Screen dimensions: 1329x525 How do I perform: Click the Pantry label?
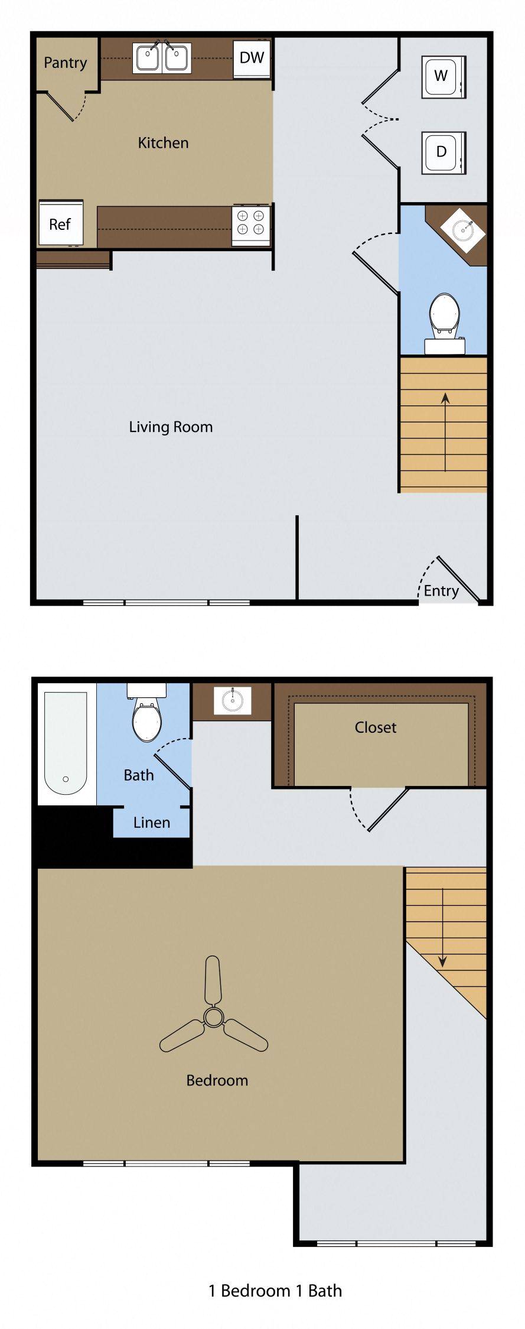pyautogui.click(x=65, y=63)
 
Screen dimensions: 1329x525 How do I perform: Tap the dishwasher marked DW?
pyautogui.click(x=252, y=58)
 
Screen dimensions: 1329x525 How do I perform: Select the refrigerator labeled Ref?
pyautogui.click(x=60, y=223)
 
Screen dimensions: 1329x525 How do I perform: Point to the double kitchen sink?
pyautogui.click(x=162, y=58)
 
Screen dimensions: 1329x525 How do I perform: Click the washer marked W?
pyautogui.click(x=444, y=77)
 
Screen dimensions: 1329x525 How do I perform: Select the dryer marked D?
pyautogui.click(x=444, y=152)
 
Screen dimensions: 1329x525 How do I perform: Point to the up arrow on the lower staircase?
pyautogui.click(x=445, y=431)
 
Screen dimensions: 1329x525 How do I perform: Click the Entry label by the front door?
pyautogui.click(x=441, y=591)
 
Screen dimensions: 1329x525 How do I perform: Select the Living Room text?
pyautogui.click(x=171, y=427)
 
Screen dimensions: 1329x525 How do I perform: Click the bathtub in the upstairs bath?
pyautogui.click(x=66, y=745)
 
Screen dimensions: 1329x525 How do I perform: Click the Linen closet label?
pyautogui.click(x=152, y=822)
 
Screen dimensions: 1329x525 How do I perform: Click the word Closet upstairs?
pyautogui.click(x=376, y=727)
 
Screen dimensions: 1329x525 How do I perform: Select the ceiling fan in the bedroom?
pyautogui.click(x=213, y=1016)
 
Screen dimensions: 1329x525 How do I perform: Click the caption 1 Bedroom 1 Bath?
pyautogui.click(x=275, y=1291)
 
